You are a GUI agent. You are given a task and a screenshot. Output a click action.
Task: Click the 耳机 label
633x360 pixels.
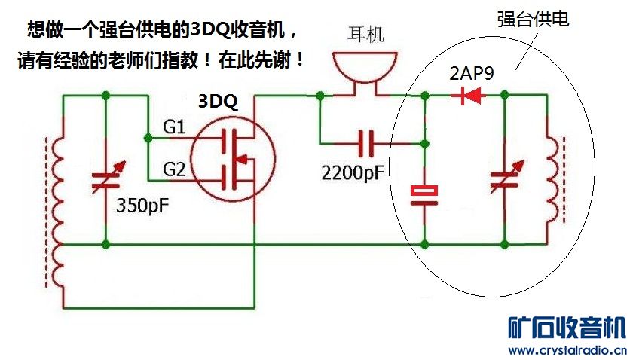tap(366, 34)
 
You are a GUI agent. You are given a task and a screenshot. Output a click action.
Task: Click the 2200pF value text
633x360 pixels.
tap(353, 173)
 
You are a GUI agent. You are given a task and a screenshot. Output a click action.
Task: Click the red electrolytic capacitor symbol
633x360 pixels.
tap(425, 195)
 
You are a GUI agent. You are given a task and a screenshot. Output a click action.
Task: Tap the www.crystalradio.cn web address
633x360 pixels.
tap(566, 350)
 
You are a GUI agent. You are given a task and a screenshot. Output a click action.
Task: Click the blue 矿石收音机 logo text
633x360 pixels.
tap(566, 328)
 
